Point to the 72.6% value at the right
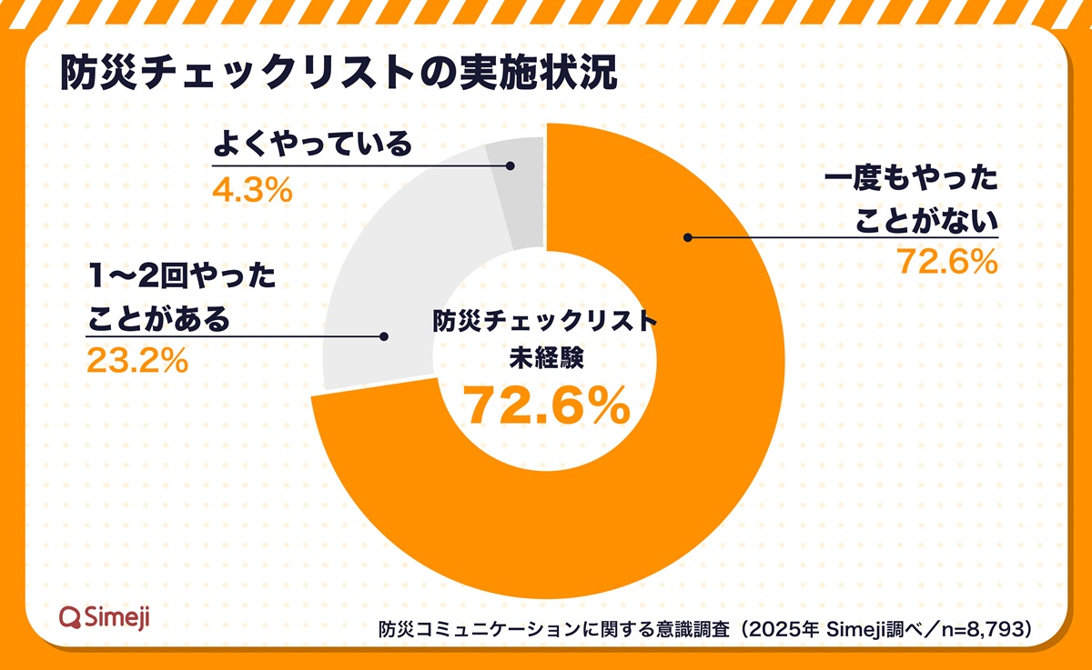coord(947,262)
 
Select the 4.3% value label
coord(252,189)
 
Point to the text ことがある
coord(159,320)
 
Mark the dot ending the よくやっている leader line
coord(510,166)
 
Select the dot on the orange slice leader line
coord(688,238)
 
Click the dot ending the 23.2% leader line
coord(384,337)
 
